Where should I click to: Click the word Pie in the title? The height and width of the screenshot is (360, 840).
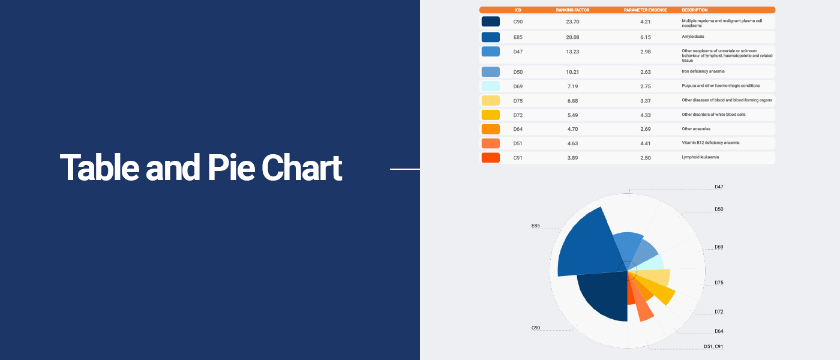point(232,167)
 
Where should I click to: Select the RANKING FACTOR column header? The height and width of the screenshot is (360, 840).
point(572,10)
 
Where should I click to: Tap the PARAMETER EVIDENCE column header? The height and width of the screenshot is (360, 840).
point(646,10)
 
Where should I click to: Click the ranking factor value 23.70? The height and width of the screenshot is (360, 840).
point(572,22)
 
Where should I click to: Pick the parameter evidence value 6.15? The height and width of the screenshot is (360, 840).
point(646,37)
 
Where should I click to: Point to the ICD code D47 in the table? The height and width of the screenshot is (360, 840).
point(518,52)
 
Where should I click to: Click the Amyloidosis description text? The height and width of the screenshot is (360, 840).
point(692,37)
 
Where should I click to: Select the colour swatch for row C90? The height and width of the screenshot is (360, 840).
point(491,22)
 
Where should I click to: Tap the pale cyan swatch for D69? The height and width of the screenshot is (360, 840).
point(491,86)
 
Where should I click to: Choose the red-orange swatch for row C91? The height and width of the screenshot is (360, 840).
point(491,157)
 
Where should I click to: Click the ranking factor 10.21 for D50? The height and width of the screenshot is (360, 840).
point(572,72)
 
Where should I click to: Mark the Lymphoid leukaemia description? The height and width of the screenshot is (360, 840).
point(700,157)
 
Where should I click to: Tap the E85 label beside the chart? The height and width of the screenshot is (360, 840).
point(535,226)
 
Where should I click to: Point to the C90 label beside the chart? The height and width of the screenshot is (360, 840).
point(535,328)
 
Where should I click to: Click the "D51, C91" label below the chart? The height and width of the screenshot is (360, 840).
point(713,347)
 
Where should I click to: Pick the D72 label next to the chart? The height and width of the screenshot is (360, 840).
point(719,311)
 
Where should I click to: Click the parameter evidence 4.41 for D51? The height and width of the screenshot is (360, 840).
point(646,143)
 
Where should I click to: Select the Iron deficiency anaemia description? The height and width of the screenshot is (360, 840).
point(703,71)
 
